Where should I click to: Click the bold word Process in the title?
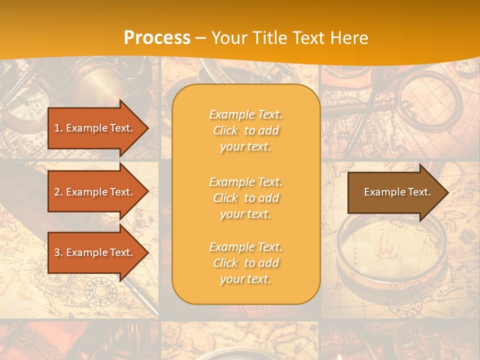pos(157,38)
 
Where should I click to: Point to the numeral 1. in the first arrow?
pos(58,128)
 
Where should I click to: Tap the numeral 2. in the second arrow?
pos(58,192)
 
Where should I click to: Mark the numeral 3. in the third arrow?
pos(58,252)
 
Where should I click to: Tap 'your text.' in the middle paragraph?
pos(245,214)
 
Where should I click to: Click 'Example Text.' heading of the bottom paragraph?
pos(245,247)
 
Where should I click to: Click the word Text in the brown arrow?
pos(419,192)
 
